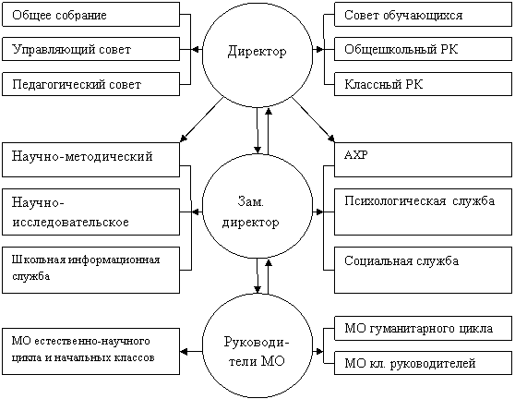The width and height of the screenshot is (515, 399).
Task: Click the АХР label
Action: coord(356,155)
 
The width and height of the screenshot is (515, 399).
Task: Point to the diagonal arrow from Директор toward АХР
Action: coord(313,119)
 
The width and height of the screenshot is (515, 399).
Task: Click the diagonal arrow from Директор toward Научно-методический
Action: coord(202,120)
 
